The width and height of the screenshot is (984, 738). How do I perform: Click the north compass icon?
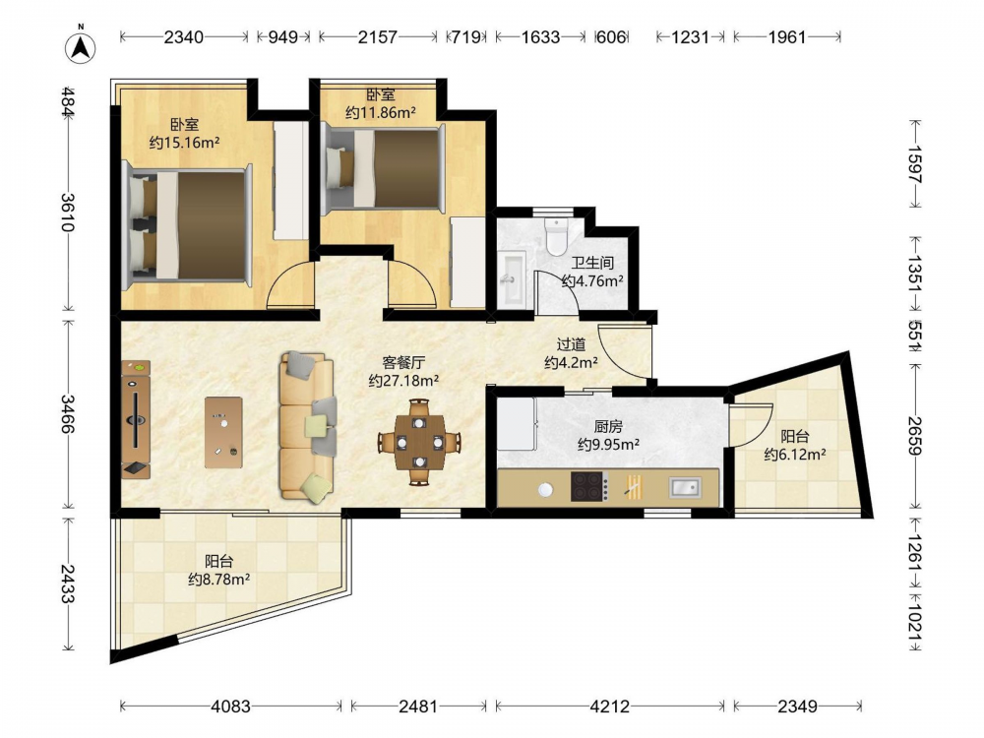tap(81, 46)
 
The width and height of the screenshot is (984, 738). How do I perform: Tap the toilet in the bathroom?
tap(556, 236)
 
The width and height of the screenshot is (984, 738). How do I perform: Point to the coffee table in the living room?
tap(223, 432)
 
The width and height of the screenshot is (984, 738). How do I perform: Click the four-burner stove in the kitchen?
tap(589, 486)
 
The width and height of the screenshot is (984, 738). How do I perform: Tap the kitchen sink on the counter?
tap(685, 487)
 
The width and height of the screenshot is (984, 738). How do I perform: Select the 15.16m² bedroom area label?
tap(185, 143)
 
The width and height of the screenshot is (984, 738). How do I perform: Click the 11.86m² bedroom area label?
tap(381, 113)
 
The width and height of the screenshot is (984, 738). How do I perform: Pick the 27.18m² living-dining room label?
tap(403, 380)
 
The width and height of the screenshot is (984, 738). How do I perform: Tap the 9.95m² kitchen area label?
tap(608, 445)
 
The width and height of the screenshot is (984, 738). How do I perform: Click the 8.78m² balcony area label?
tap(219, 580)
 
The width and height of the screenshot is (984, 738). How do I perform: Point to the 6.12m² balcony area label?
tap(794, 454)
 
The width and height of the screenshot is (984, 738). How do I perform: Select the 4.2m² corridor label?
tap(571, 363)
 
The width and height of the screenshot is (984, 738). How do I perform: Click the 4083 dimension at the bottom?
tap(231, 707)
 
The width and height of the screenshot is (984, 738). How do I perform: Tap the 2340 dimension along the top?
tap(184, 37)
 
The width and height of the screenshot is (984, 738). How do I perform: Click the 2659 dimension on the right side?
tap(914, 436)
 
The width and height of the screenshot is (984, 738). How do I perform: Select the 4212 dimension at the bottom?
tap(610, 707)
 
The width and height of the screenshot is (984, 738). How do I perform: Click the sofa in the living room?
tap(307, 427)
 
